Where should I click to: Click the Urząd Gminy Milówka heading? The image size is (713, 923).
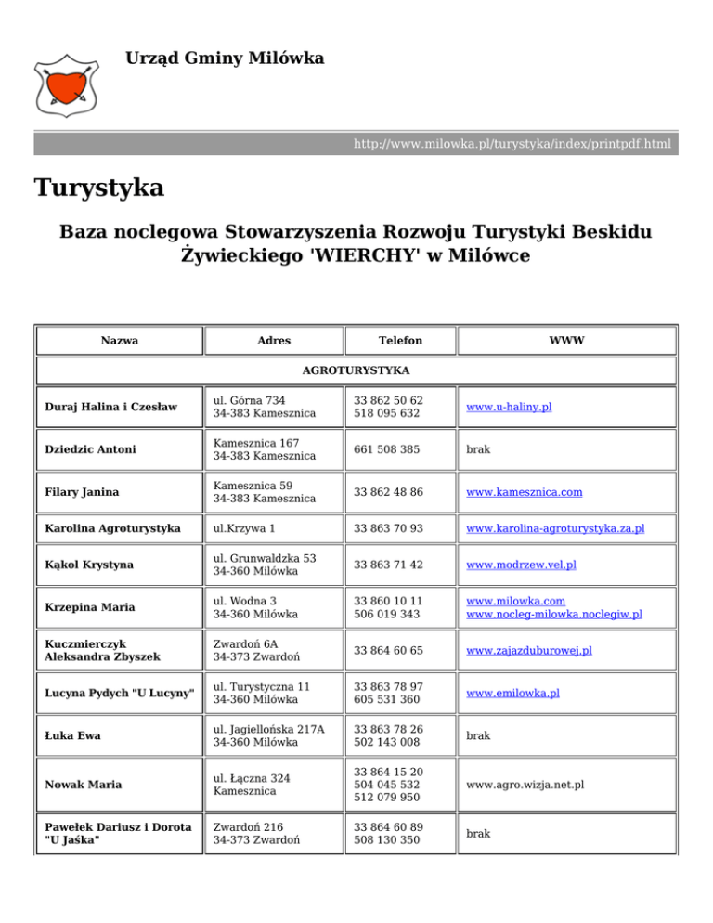(225, 59)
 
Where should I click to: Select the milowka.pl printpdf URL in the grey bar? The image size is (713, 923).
(512, 144)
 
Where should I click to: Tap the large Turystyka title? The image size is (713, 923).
(99, 188)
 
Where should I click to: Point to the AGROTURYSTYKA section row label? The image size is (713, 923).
(356, 370)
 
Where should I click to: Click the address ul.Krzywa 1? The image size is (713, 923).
(243, 529)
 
